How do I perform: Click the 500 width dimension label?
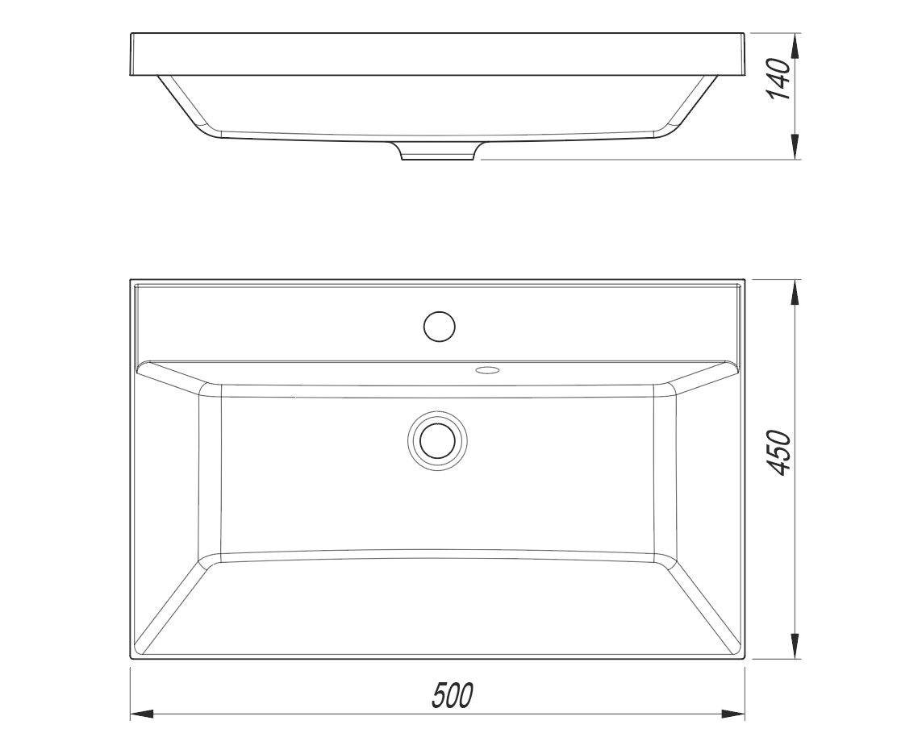[453, 696]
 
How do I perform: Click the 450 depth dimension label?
[780, 452]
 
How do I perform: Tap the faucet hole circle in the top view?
[440, 326]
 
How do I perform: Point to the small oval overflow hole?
[486, 370]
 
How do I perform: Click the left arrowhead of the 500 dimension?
[141, 714]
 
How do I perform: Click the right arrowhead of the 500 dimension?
[733, 714]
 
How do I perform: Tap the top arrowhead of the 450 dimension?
[795, 292]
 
